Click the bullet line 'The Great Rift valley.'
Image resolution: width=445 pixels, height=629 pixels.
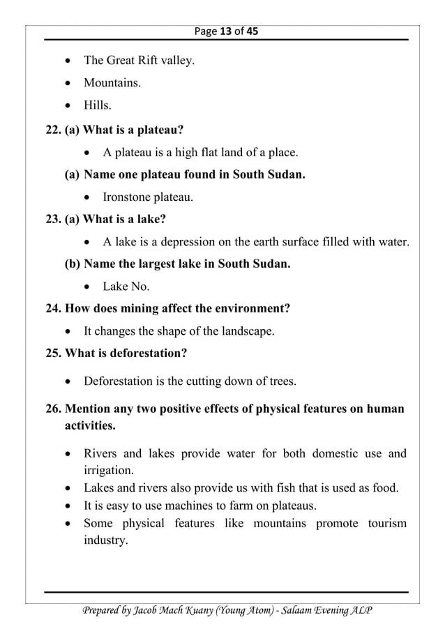tap(139, 61)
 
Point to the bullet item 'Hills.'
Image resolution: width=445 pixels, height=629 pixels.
tap(98, 106)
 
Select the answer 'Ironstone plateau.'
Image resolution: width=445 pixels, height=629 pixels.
tap(148, 197)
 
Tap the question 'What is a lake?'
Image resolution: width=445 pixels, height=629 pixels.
tap(124, 220)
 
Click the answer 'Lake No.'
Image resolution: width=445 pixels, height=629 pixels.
tap(126, 287)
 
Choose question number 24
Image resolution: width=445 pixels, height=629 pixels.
tap(52, 308)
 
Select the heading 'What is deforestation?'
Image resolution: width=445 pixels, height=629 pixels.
tap(126, 354)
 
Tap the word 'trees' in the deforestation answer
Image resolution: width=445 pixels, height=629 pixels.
tap(279, 381)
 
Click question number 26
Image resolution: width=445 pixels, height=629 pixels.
tap(52, 409)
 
